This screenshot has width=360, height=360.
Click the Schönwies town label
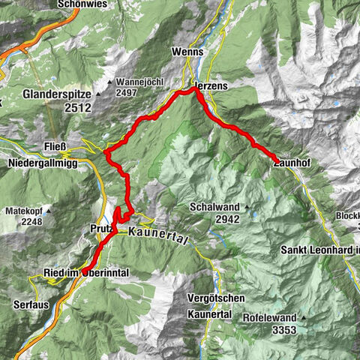[x=82, y=4]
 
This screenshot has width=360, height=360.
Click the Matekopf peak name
[x=25, y=211]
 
